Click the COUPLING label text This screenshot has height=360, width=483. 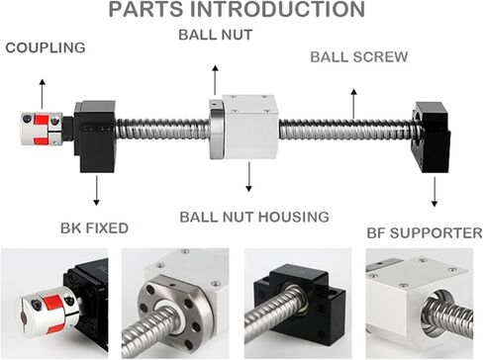(x=46, y=47)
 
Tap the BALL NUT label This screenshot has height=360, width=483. (x=216, y=35)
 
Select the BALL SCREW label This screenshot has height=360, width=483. (x=359, y=57)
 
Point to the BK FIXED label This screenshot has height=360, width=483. (x=94, y=228)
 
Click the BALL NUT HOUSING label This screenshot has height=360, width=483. (x=254, y=217)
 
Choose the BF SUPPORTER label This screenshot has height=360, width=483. (x=425, y=233)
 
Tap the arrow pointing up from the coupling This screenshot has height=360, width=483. (x=42, y=94)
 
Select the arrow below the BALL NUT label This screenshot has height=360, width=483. (x=215, y=80)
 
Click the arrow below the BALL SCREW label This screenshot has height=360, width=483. (x=353, y=104)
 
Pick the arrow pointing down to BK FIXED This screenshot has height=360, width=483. (x=96, y=191)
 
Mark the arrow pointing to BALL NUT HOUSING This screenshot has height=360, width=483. (x=249, y=177)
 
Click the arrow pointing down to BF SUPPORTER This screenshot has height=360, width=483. (x=435, y=192)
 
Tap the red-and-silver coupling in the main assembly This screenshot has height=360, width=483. (x=42, y=129)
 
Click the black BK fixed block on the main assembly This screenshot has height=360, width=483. (x=95, y=136)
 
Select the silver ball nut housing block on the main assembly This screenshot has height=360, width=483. (x=249, y=127)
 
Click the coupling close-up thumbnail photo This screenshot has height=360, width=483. (x=54, y=304)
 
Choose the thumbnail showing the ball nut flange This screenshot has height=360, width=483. (x=175, y=304)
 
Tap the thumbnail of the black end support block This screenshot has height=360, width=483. (x=298, y=304)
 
